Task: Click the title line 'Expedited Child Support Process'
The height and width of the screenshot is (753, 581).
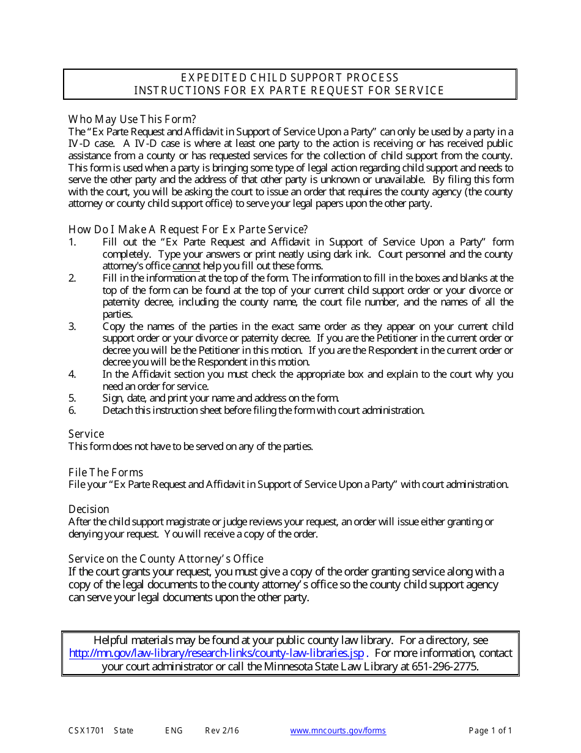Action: [x=290, y=78]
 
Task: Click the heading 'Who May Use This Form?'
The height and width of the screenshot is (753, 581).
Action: [x=132, y=119]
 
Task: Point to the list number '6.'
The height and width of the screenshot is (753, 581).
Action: [x=72, y=410]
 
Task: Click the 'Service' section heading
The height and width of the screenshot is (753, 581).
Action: [x=86, y=434]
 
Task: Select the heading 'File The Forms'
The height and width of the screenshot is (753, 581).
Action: [x=106, y=473]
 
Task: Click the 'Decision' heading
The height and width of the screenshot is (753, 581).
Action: [x=89, y=509]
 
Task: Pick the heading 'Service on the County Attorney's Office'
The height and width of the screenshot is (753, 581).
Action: [x=166, y=559]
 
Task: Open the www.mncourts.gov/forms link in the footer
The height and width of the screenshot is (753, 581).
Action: [x=338, y=731]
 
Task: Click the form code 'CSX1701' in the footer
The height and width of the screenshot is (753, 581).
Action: [x=86, y=731]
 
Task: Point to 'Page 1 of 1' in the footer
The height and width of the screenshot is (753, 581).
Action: [x=490, y=731]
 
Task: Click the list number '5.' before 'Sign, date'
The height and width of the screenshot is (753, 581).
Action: [x=72, y=398]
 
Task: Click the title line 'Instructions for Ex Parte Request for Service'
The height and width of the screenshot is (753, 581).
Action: [x=289, y=91]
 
